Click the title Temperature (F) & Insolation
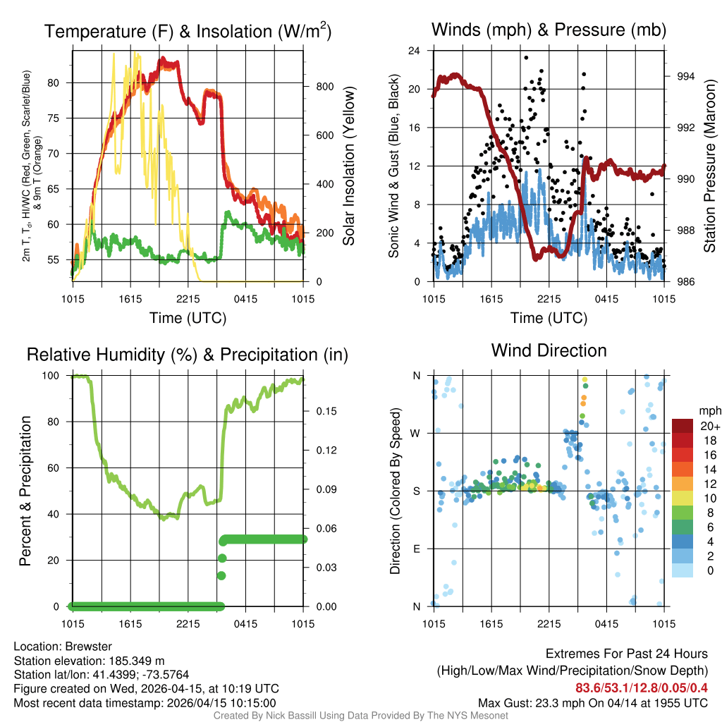[x=188, y=31]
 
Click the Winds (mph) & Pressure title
[x=549, y=30]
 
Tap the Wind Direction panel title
[x=549, y=350]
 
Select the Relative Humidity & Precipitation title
[x=188, y=355]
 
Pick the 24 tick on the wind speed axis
[x=415, y=51]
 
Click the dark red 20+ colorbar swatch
[x=683, y=427]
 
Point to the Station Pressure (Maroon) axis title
[x=710, y=166]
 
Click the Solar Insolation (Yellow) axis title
[x=349, y=166]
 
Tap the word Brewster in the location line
[x=87, y=647]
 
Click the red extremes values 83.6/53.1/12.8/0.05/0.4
[x=642, y=688]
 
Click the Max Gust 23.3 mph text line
[x=592, y=703]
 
